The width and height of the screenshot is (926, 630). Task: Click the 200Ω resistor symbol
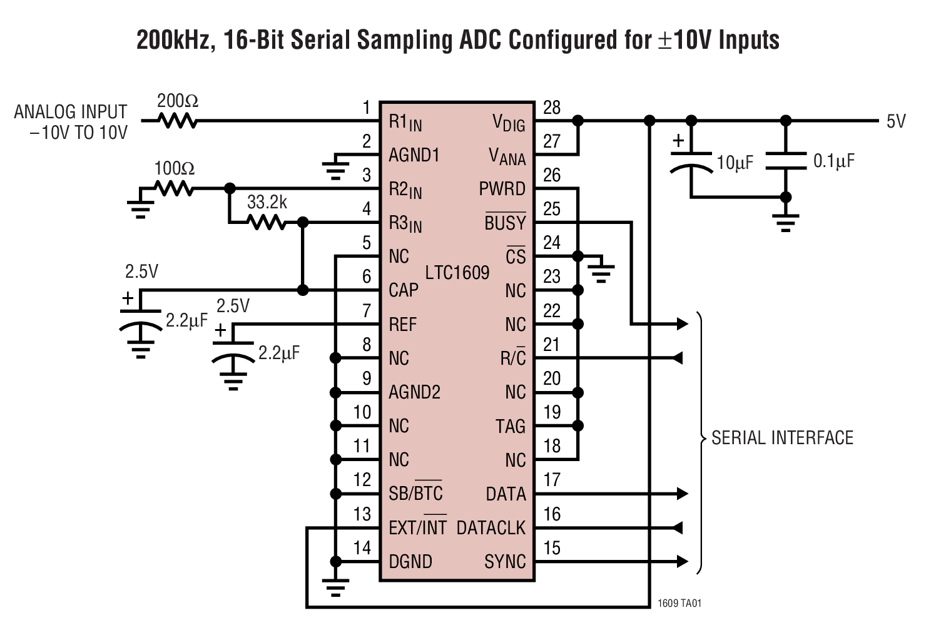click(179, 120)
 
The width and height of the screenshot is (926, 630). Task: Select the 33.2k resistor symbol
click(267, 221)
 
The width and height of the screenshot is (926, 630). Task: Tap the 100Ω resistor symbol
click(174, 188)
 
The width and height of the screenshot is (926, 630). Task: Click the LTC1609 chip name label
click(457, 273)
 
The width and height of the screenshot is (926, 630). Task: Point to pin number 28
click(551, 108)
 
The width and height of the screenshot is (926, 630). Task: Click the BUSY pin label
click(505, 223)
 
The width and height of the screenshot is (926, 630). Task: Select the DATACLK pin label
click(491, 528)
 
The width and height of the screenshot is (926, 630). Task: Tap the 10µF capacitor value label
click(735, 163)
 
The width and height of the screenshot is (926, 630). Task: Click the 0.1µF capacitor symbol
click(786, 161)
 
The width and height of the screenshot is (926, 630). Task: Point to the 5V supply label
click(895, 121)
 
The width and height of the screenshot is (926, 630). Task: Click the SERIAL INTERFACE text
click(782, 438)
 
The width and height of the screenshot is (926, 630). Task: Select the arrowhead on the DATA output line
click(682, 494)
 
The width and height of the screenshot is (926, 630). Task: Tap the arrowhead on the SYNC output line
click(682, 561)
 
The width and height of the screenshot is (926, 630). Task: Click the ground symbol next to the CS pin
click(601, 272)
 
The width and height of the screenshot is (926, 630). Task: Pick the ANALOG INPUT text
click(71, 112)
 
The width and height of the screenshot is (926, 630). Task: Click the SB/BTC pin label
click(415, 494)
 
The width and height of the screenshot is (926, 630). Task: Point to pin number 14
click(362, 548)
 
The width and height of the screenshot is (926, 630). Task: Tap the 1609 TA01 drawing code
click(679, 604)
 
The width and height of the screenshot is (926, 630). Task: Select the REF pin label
click(402, 325)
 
